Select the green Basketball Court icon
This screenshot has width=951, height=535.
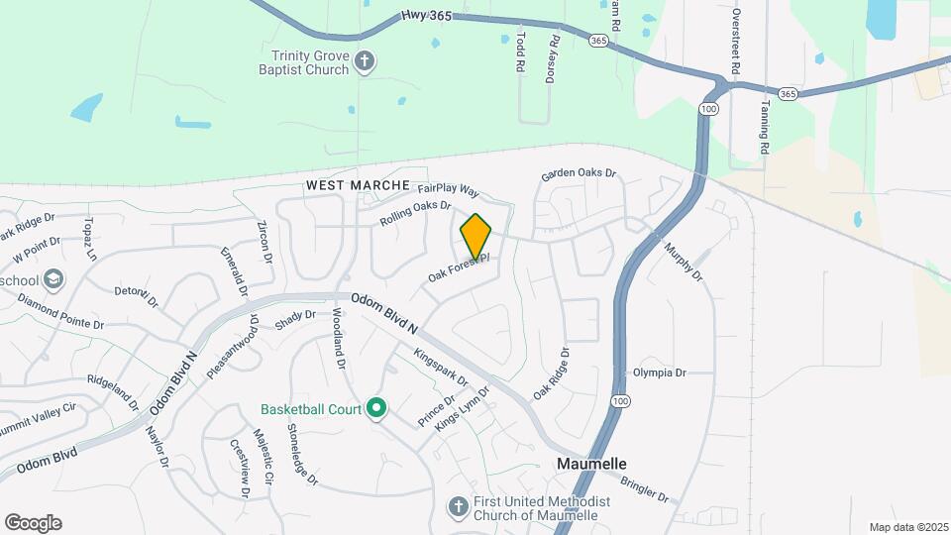point(376,408)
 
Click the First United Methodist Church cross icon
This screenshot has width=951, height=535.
point(458,507)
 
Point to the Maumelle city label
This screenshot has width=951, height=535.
point(591,464)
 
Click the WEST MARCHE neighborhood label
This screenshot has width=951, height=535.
point(358,185)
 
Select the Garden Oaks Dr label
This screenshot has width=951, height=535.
point(579,174)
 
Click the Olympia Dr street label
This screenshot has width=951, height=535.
point(659,373)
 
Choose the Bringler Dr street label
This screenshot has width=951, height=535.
point(646,489)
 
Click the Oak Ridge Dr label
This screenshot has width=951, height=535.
point(552,374)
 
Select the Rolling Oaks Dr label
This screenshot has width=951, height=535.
point(415,214)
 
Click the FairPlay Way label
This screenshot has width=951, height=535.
point(448,188)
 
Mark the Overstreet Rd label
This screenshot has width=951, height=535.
point(736,44)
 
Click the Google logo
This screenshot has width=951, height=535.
point(33,523)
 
